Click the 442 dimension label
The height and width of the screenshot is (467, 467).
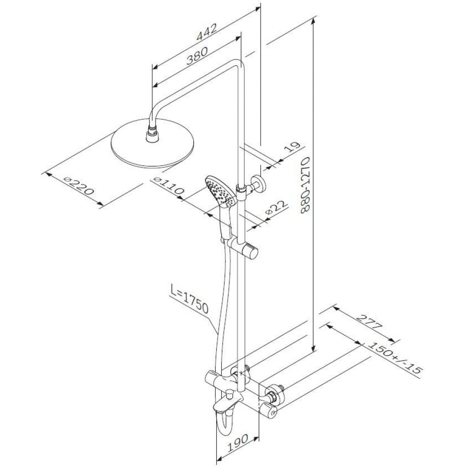click(206, 32)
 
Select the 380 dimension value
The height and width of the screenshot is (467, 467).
click(197, 57)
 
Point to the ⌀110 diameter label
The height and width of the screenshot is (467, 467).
click(168, 185)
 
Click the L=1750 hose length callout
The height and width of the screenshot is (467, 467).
click(190, 299)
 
